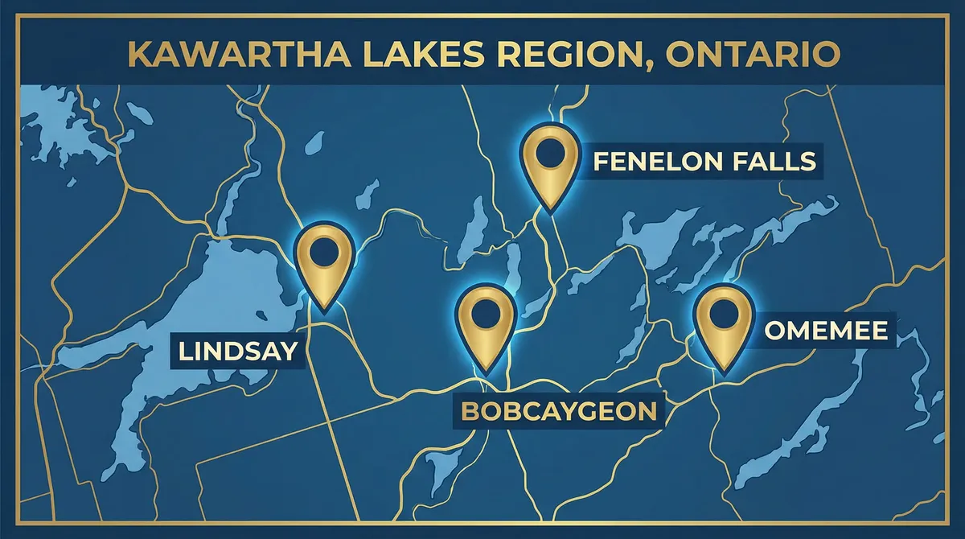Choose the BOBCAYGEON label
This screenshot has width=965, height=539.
pos(559,412)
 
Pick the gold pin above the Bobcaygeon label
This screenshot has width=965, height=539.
pos(485,327)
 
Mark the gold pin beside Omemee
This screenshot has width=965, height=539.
pos(722,325)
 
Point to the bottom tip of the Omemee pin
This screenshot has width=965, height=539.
pos(722,372)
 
